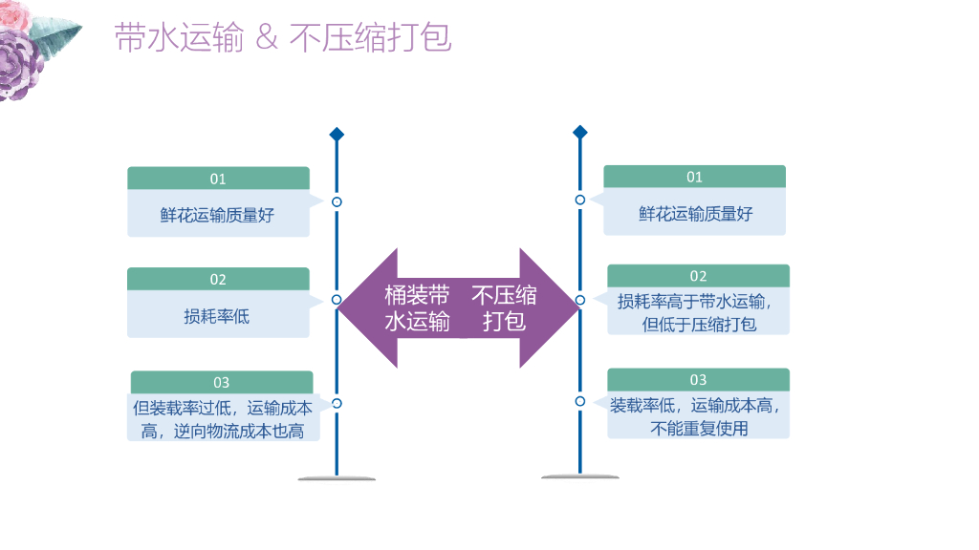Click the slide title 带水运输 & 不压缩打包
(x=283, y=37)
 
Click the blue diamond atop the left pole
(x=337, y=135)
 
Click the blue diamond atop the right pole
(x=579, y=132)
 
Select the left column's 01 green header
(x=218, y=179)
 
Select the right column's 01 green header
(x=694, y=177)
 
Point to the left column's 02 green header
(x=218, y=279)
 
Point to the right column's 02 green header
(x=698, y=276)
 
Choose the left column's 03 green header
(x=221, y=382)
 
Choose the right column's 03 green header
(x=698, y=379)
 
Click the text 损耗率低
(x=217, y=316)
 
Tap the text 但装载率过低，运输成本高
(x=223, y=418)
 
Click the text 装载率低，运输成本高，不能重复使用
(x=698, y=416)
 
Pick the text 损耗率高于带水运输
(x=698, y=302)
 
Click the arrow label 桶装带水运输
(x=417, y=307)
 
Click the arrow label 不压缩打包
(x=504, y=307)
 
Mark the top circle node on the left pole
(x=337, y=201)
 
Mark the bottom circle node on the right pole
(x=579, y=401)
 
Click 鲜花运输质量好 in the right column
(x=695, y=214)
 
